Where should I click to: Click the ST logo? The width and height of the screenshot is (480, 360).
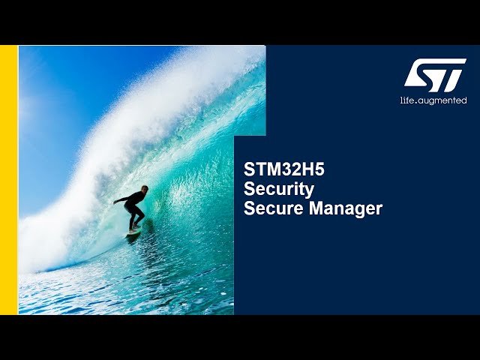tap(434, 75)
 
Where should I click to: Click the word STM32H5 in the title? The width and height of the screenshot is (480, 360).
tap(284, 169)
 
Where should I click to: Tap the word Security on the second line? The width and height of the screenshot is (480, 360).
tap(279, 189)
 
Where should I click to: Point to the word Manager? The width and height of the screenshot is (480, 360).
tap(346, 208)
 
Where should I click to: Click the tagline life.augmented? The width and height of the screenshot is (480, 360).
tap(433, 100)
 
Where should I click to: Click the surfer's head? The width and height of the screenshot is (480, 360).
tap(144, 189)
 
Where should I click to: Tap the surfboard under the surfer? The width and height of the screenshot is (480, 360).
tap(134, 232)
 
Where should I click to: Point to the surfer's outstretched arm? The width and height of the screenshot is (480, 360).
tap(121, 200)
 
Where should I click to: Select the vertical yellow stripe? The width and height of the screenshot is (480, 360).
tap(8, 180)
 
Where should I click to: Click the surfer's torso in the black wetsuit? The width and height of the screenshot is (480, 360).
tap(135, 200)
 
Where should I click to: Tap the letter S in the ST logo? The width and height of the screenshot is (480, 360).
tap(421, 75)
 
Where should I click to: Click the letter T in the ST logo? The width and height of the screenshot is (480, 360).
tap(450, 75)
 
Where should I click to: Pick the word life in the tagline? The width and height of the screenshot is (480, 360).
tap(407, 100)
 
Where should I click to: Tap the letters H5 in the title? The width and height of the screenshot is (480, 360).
tap(315, 169)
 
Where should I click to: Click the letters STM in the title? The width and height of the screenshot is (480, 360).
tap(262, 169)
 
